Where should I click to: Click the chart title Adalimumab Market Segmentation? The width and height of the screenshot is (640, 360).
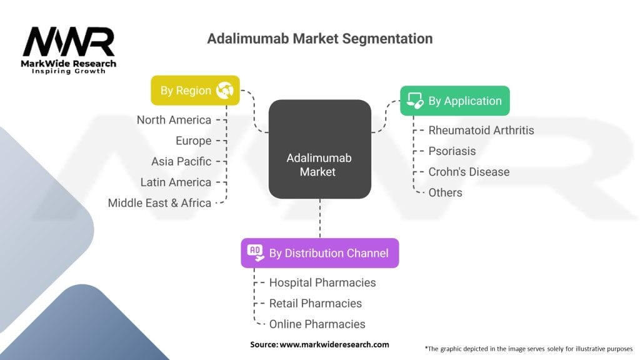pos(319,39)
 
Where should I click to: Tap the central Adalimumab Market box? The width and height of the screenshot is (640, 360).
pos(319,149)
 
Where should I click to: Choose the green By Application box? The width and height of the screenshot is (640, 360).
pos(455,101)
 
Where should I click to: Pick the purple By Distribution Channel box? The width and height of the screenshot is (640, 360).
pos(319,253)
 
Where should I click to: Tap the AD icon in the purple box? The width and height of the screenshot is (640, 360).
pos(255,252)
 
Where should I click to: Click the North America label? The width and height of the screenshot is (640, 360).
pos(174,120)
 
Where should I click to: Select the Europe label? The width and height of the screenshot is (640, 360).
pos(193,141)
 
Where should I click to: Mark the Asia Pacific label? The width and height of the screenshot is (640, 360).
pos(181,161)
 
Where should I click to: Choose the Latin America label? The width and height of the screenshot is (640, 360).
pos(176,182)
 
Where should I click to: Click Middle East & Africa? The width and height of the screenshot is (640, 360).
pos(159,202)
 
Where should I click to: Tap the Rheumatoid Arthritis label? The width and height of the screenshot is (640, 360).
pos(481,130)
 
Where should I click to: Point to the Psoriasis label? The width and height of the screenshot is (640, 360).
pos(452,151)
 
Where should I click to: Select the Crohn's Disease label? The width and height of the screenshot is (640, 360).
pos(469,171)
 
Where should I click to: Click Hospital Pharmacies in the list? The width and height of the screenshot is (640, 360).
pos(322,282)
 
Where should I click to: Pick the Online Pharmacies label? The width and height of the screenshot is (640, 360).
pos(317,324)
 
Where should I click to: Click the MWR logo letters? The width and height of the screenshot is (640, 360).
pos(69,42)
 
